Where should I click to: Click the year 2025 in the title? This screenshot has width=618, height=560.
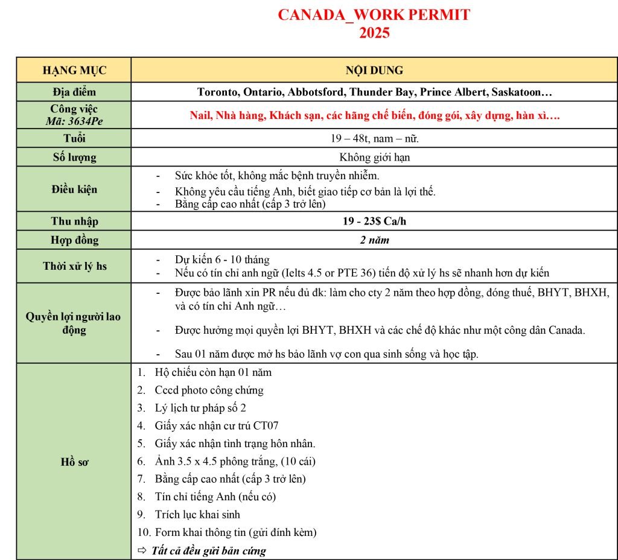point(374,33)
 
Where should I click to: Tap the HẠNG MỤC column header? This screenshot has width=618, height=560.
point(74,70)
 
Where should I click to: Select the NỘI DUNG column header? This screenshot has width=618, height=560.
point(374,70)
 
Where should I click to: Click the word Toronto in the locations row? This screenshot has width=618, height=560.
point(218,92)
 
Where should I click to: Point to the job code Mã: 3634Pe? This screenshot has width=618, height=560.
point(74,121)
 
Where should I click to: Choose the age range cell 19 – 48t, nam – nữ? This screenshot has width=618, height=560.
point(374,139)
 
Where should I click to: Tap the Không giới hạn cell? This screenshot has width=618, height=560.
point(374,157)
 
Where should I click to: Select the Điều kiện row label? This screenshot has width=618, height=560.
point(74,189)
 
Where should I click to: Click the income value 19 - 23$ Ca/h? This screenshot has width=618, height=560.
point(374,221)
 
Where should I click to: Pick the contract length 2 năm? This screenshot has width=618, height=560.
point(374,240)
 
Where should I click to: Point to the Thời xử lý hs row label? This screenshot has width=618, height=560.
point(74,266)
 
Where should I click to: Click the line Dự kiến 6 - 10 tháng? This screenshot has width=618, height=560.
point(222,260)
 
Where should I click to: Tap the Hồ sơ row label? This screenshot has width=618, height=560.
point(74,462)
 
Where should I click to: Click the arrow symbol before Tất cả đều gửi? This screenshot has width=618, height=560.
point(142,550)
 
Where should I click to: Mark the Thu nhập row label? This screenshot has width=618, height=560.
point(74,221)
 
